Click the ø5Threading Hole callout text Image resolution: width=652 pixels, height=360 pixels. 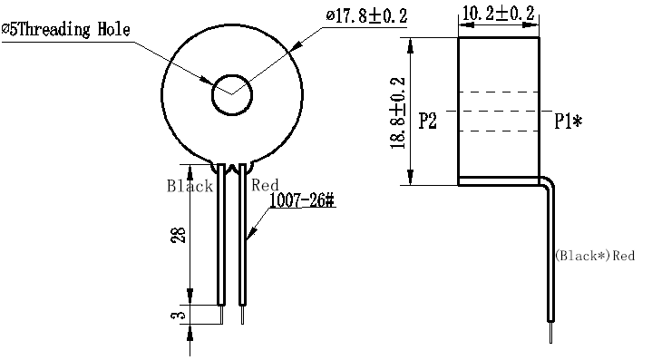click(65, 30)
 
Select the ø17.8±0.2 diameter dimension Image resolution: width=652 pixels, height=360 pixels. click(366, 15)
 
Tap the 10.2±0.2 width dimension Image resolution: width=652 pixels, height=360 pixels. click(498, 14)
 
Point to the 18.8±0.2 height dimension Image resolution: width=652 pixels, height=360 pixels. click(398, 113)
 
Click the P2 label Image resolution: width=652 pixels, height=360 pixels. click(427, 121)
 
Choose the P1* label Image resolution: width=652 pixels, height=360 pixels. click(569, 122)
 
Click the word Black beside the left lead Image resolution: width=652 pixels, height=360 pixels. click(190, 186)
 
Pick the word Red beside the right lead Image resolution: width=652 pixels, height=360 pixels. click(265, 185)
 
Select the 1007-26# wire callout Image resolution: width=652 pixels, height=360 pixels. click(301, 200)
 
